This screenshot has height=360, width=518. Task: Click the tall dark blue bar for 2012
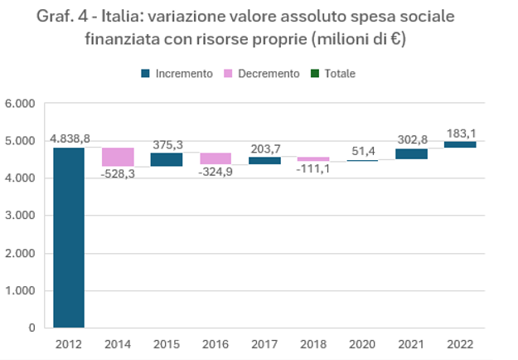pos(68,237)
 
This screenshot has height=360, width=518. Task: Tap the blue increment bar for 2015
pos(166,159)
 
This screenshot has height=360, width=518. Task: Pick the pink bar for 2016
pos(215,158)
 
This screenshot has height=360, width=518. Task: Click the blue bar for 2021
pos(411,153)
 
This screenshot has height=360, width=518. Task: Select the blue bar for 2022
pos(460,144)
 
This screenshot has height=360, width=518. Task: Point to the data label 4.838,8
pos(70,139)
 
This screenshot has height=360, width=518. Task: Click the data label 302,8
pos(411,139)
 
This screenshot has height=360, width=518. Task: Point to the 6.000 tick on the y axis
pos(19,104)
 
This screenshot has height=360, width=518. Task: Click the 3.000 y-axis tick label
pos(19,216)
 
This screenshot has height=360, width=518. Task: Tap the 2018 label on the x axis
pos(313,343)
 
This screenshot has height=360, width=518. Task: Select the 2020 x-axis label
pos(362,343)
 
